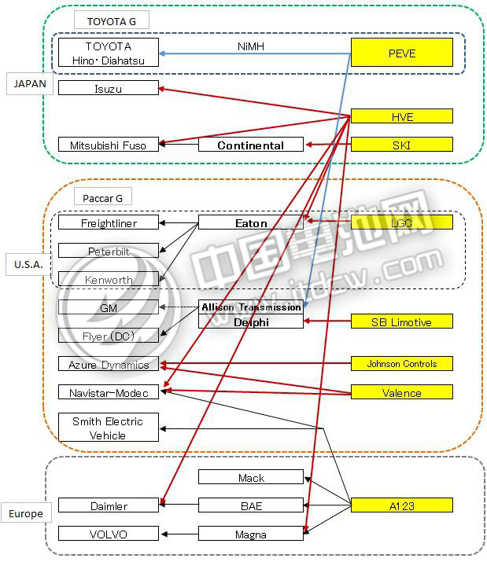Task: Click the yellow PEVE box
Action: [401, 53]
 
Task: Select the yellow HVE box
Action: [401, 116]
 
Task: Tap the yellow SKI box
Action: [401, 145]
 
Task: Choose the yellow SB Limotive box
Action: [401, 321]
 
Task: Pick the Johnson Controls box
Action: [401, 363]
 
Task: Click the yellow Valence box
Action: [401, 392]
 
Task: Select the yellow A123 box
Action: [401, 505]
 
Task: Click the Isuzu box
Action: [109, 88]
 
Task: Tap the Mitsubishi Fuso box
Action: [109, 145]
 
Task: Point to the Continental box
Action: [250, 145]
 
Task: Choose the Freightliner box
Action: [109, 222]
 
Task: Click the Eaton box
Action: [250, 222]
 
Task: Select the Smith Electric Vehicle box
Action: [109, 428]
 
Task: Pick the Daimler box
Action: [109, 505]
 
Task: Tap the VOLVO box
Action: [109, 534]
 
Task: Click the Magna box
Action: [250, 534]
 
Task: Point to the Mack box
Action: [250, 477]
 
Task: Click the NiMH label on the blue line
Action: [250, 46]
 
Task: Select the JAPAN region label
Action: [31, 83]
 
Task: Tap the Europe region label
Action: [26, 513]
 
